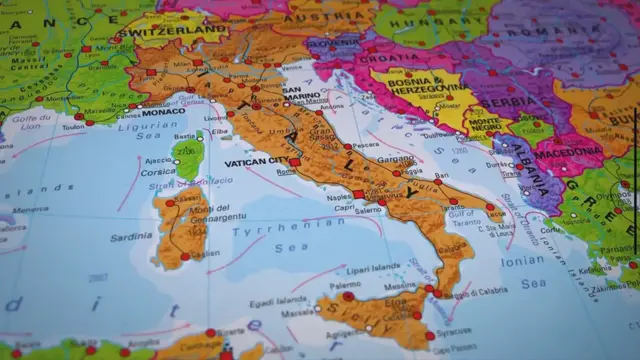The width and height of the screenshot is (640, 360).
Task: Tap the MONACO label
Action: point(164,112)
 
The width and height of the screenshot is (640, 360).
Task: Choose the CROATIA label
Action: point(397,58)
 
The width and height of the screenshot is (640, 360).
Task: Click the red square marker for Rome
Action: point(295,162)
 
